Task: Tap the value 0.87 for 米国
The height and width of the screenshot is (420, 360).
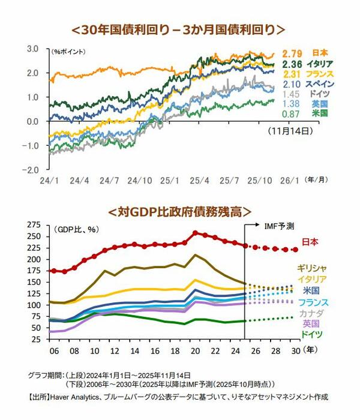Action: point(291,114)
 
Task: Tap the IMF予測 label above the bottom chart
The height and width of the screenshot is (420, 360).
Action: point(279,226)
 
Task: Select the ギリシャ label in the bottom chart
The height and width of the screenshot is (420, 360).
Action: point(312,268)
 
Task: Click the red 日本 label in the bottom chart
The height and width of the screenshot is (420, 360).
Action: point(310,242)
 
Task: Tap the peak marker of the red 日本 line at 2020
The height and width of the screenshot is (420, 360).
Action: point(195,233)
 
